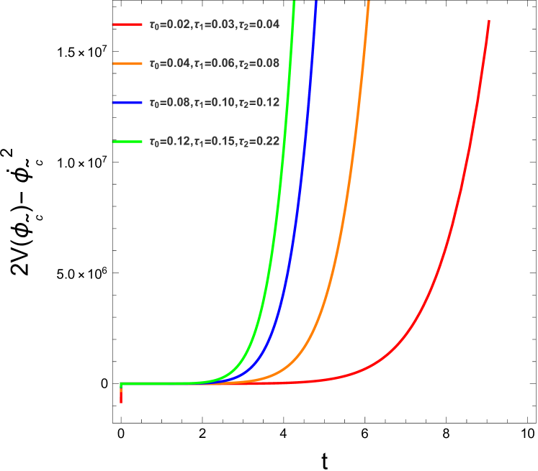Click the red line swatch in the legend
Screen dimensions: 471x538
point(127,24)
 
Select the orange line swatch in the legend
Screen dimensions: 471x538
point(127,63)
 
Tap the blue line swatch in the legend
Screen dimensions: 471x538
point(127,103)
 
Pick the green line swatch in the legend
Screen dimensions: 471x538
point(127,142)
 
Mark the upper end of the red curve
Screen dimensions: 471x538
point(489,22)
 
